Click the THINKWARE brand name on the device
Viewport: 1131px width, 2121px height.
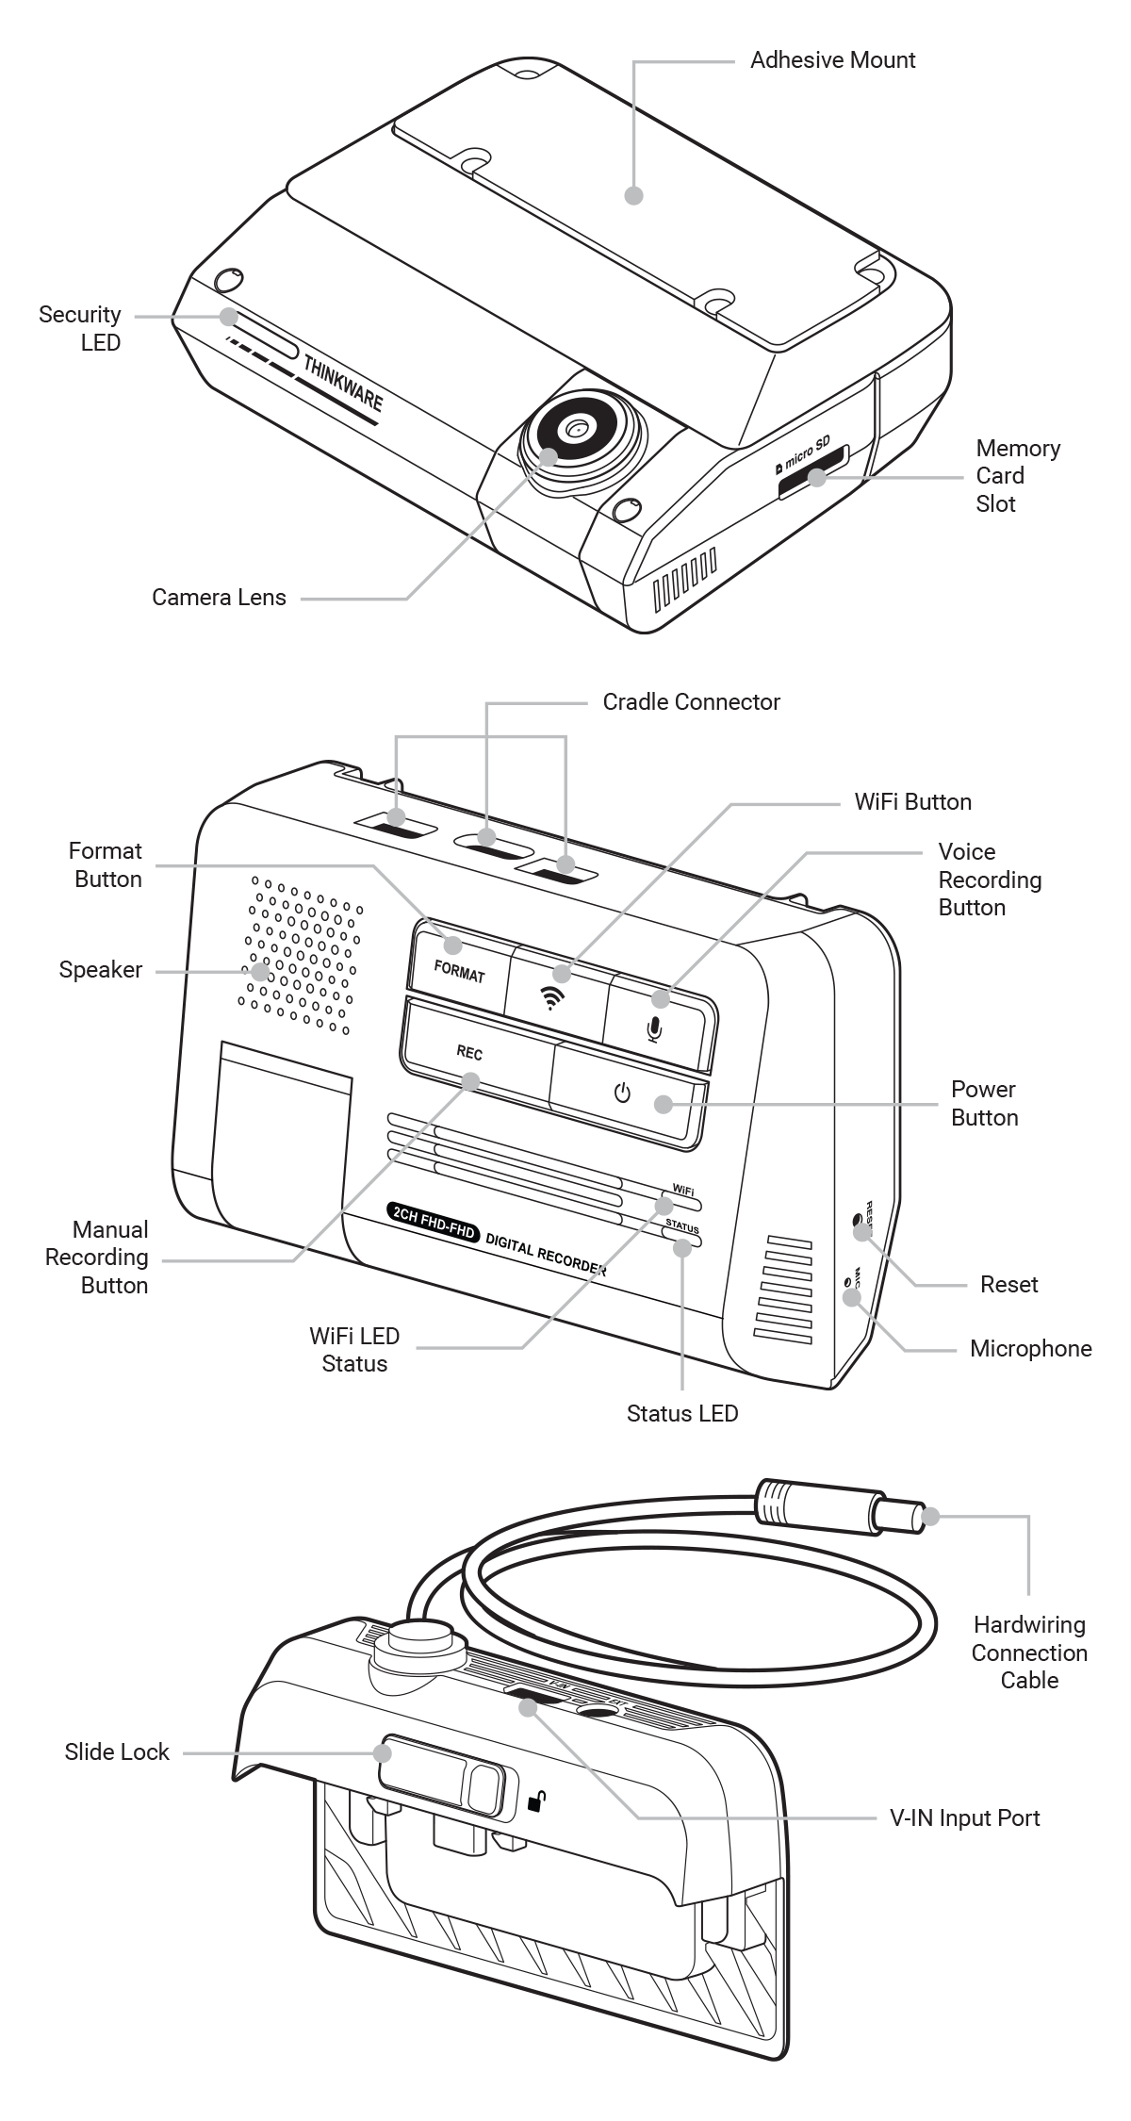343,384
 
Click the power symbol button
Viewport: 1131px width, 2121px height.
622,1093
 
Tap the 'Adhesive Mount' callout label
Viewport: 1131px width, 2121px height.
832,60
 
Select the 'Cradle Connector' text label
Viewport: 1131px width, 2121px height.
691,702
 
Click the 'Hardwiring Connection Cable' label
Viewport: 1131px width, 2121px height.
1029,1652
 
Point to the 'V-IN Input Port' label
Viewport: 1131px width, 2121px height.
964,1817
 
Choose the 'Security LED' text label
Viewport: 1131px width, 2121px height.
80,328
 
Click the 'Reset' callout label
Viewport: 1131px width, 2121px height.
1008,1284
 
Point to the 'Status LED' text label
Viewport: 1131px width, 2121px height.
682,1413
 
